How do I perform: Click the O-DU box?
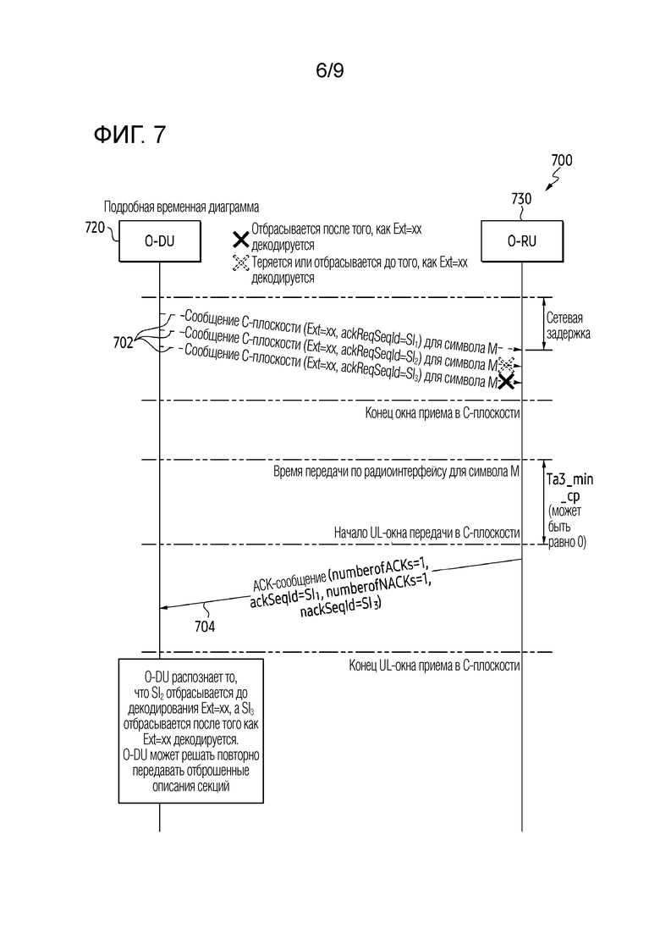point(159,241)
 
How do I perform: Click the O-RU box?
point(522,241)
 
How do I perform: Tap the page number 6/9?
point(330,71)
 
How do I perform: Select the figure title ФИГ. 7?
point(129,135)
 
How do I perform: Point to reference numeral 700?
point(562,160)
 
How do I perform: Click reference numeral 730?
point(521,199)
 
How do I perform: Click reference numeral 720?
point(95,228)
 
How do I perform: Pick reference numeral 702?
point(124,342)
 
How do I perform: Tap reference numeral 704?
point(205,626)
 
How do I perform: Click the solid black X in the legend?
point(240,240)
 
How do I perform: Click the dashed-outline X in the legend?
point(240,263)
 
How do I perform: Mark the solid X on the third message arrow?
point(506,382)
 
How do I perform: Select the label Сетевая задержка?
point(569,325)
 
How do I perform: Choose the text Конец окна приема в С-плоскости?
point(443,413)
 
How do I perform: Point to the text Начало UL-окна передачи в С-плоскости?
point(426,533)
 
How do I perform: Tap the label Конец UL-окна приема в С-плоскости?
point(434,666)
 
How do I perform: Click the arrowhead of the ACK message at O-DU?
point(164,607)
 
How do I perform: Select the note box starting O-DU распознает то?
point(191,731)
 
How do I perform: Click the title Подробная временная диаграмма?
point(182,207)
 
